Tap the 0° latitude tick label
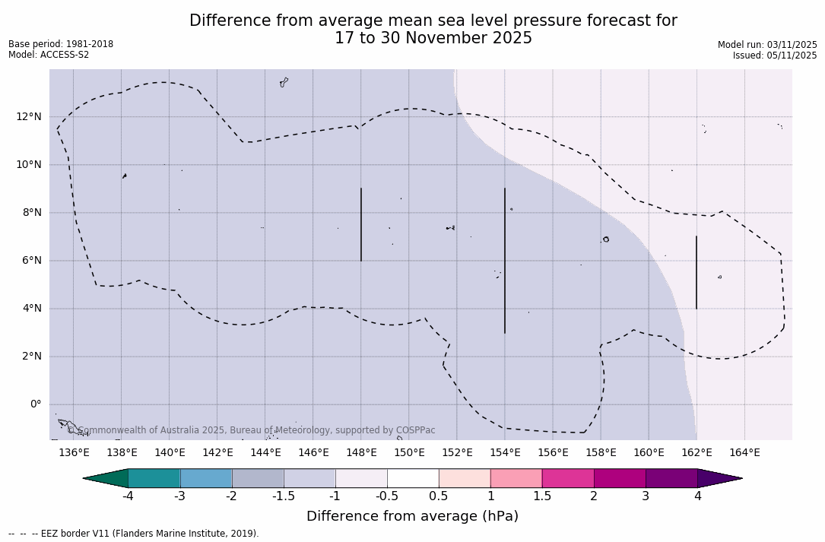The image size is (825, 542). pyautogui.click(x=35, y=404)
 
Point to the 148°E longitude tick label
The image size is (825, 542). pyautogui.click(x=361, y=453)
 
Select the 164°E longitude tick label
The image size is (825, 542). pyautogui.click(x=744, y=453)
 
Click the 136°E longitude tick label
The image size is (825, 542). pyautogui.click(x=74, y=453)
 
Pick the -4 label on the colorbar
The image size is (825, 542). pyautogui.click(x=128, y=496)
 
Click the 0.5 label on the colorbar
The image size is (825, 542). pyautogui.click(x=439, y=496)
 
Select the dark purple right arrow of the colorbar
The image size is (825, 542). pyautogui.click(x=719, y=478)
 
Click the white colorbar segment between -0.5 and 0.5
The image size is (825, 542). pyautogui.click(x=413, y=478)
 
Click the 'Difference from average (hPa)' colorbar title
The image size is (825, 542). pyautogui.click(x=412, y=517)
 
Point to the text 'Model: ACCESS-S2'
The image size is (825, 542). pyautogui.click(x=49, y=55)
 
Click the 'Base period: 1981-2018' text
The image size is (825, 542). pyautogui.click(x=61, y=44)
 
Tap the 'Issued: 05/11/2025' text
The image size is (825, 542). pyautogui.click(x=775, y=55)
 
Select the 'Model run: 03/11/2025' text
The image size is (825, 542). pyautogui.click(x=767, y=45)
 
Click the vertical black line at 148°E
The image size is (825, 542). pyautogui.click(x=361, y=224)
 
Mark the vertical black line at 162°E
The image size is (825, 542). pyautogui.click(x=696, y=272)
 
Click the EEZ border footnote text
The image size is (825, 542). pyautogui.click(x=134, y=534)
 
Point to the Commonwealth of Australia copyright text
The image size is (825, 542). pyautogui.click(x=252, y=430)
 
